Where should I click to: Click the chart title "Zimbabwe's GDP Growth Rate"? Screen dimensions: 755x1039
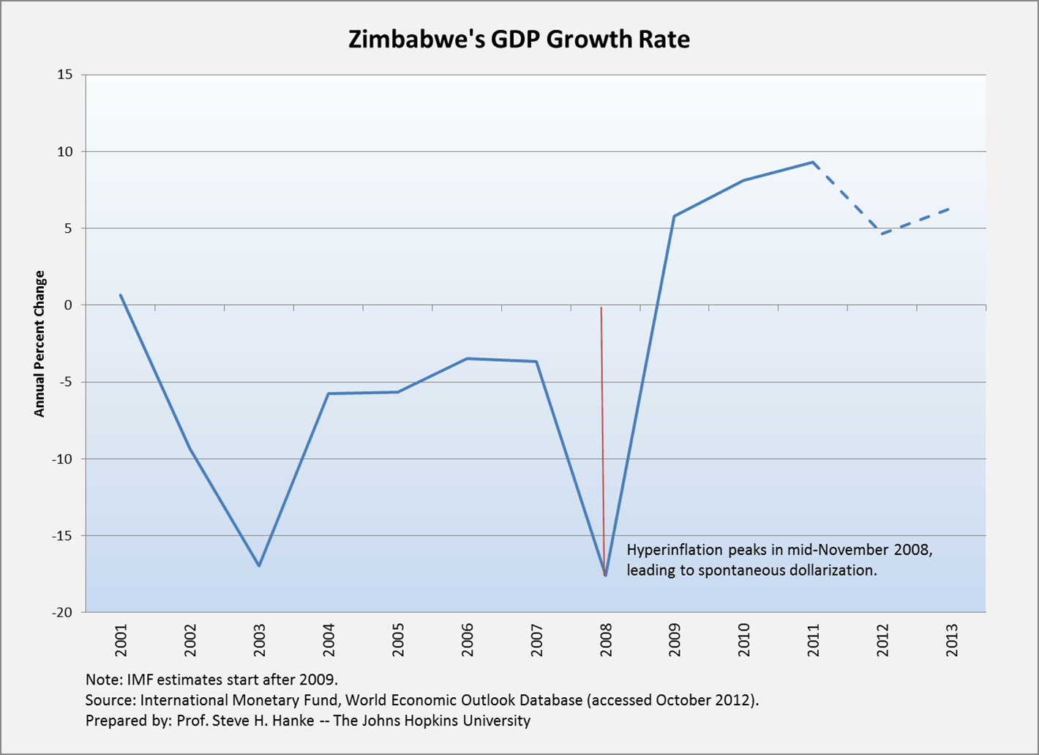(x=519, y=40)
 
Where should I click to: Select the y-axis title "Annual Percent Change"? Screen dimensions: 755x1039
(x=40, y=344)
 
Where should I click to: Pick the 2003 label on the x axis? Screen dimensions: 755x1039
(x=259, y=640)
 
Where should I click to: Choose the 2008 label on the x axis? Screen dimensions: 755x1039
(x=606, y=640)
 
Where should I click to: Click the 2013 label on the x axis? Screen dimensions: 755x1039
(x=952, y=640)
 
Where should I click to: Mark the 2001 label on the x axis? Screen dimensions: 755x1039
(x=121, y=640)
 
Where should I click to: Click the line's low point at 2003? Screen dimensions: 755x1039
(x=259, y=566)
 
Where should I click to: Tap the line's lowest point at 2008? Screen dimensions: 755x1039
(x=605, y=575)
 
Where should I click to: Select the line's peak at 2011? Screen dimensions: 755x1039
(x=813, y=162)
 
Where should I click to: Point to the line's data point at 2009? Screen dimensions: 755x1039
(x=674, y=216)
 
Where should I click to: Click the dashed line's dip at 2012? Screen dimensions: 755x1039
(x=882, y=234)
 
